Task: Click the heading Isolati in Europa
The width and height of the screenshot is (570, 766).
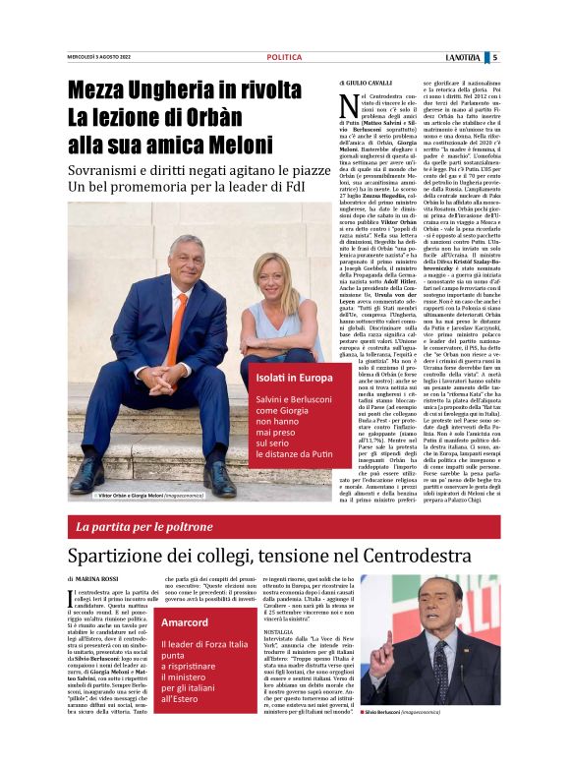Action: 294,378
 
